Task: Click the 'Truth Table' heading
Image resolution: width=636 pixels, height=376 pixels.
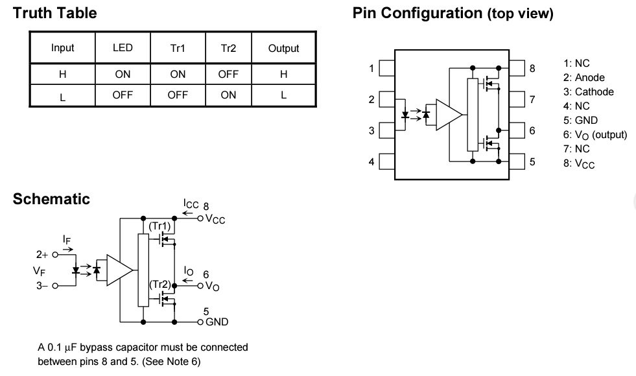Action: [55, 13]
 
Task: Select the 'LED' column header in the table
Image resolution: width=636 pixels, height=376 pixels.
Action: [123, 48]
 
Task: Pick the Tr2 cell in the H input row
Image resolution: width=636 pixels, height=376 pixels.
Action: [228, 74]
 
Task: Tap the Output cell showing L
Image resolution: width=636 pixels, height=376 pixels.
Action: [283, 94]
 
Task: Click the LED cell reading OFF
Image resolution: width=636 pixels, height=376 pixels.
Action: [123, 94]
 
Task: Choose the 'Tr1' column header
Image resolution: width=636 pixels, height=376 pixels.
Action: [178, 48]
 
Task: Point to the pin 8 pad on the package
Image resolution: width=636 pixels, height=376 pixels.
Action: [517, 68]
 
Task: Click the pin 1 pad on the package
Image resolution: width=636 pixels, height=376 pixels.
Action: [387, 68]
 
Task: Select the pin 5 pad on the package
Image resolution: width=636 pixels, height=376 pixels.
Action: [517, 161]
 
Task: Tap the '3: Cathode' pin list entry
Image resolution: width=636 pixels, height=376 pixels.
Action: [589, 92]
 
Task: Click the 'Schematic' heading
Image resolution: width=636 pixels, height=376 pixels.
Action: [51, 199]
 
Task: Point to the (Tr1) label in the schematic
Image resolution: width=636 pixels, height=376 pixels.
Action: [159, 226]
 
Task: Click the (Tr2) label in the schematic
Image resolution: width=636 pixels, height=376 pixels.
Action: [159, 285]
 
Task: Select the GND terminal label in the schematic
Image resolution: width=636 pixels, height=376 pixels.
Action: [217, 322]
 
